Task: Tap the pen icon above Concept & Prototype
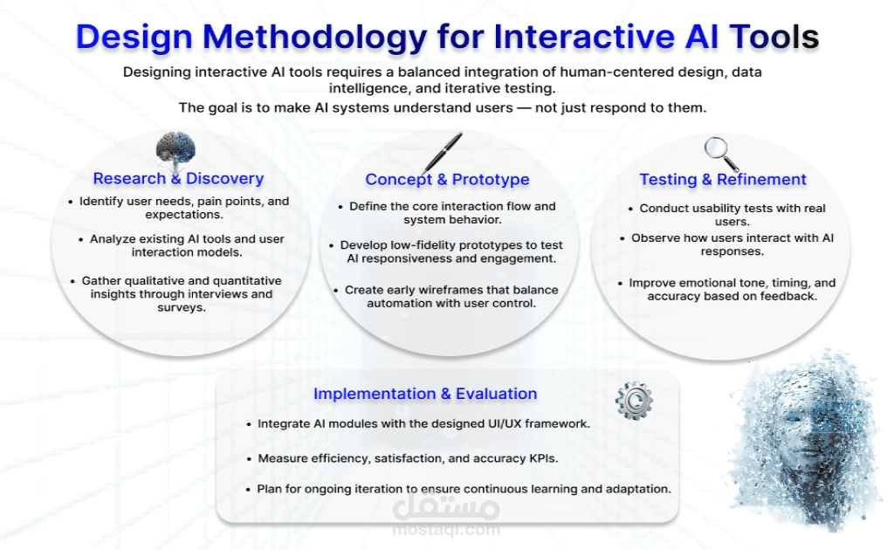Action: pos(444,153)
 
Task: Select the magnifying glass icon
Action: pos(721,154)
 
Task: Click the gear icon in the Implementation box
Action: pos(634,400)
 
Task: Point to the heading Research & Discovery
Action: pos(178,179)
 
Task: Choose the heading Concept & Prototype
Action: pos(447,180)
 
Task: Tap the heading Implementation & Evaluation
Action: pos(425,394)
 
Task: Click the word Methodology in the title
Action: pos(308,37)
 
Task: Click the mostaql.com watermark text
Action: pos(446,529)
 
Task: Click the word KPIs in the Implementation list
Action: pos(539,458)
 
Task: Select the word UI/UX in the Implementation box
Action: pos(502,424)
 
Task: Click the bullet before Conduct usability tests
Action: pos(631,209)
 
